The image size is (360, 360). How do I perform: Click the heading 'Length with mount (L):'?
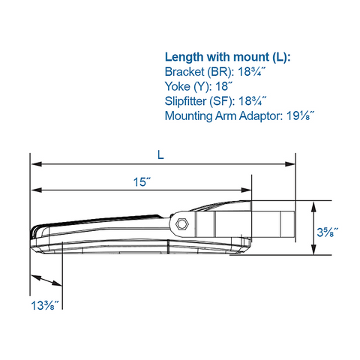(x=227, y=58)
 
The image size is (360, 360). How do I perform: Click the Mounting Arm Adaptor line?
(x=238, y=115)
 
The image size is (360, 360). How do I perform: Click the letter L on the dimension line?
(x=160, y=155)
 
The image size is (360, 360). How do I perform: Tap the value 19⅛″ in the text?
(x=297, y=115)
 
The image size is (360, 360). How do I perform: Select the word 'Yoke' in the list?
(x=177, y=87)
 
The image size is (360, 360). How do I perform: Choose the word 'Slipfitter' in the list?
(x=187, y=101)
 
